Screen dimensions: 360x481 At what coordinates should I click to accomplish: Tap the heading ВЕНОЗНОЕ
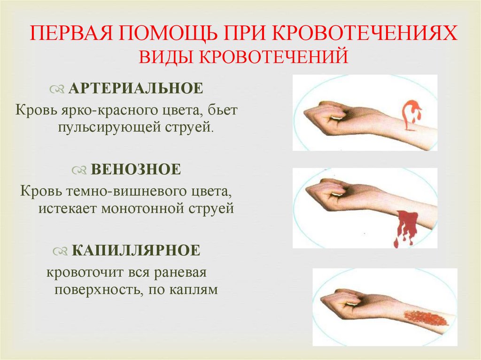click(x=135, y=169)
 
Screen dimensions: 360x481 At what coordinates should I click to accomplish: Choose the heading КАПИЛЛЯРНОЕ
click(x=136, y=250)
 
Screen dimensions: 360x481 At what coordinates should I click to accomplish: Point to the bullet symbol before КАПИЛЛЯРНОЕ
click(x=60, y=251)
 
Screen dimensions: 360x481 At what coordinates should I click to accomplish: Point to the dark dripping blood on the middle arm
click(x=405, y=225)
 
